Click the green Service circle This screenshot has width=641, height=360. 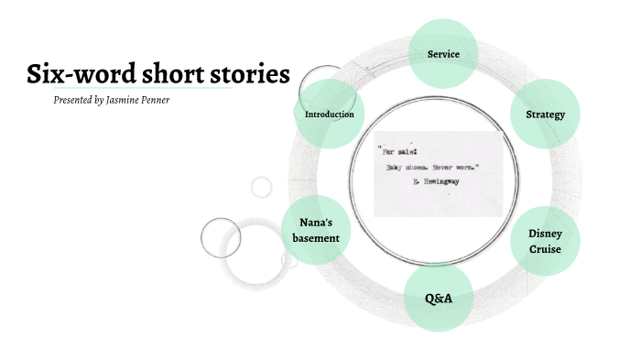tap(443, 54)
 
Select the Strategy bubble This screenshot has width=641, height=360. tap(545, 115)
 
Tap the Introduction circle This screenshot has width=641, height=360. tap(329, 115)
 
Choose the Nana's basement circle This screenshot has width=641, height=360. tap(316, 230)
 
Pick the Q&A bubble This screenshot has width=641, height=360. tap(438, 299)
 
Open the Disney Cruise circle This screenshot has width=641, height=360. tap(545, 240)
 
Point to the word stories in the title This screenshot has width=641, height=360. tap(250, 73)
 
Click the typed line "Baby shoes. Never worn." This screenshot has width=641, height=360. tap(430, 168)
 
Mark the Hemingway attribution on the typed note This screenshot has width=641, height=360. tap(435, 182)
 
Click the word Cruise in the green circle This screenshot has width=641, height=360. tap(545, 249)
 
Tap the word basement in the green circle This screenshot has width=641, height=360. tap(316, 238)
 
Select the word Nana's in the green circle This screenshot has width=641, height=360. tap(316, 223)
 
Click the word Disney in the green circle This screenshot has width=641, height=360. tap(545, 233)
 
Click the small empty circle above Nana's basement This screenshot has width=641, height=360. tap(262, 188)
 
